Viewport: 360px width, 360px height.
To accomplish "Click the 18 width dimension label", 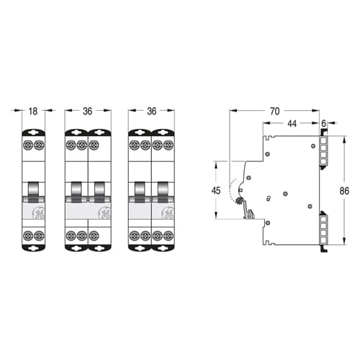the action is click(33, 112).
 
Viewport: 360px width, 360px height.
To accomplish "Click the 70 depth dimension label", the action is click(275, 111).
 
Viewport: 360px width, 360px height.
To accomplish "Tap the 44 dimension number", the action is click(292, 124).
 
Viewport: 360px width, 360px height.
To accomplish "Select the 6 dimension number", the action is click(324, 124).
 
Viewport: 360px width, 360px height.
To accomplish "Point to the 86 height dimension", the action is click(344, 191).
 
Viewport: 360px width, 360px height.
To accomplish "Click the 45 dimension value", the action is click(216, 191).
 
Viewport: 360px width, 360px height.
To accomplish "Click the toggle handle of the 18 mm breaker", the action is click(34, 192).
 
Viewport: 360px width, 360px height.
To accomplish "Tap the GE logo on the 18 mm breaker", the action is click(38, 213).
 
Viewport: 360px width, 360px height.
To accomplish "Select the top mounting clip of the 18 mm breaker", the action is click(34, 132).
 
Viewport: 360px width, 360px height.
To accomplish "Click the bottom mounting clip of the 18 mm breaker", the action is click(34, 248).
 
